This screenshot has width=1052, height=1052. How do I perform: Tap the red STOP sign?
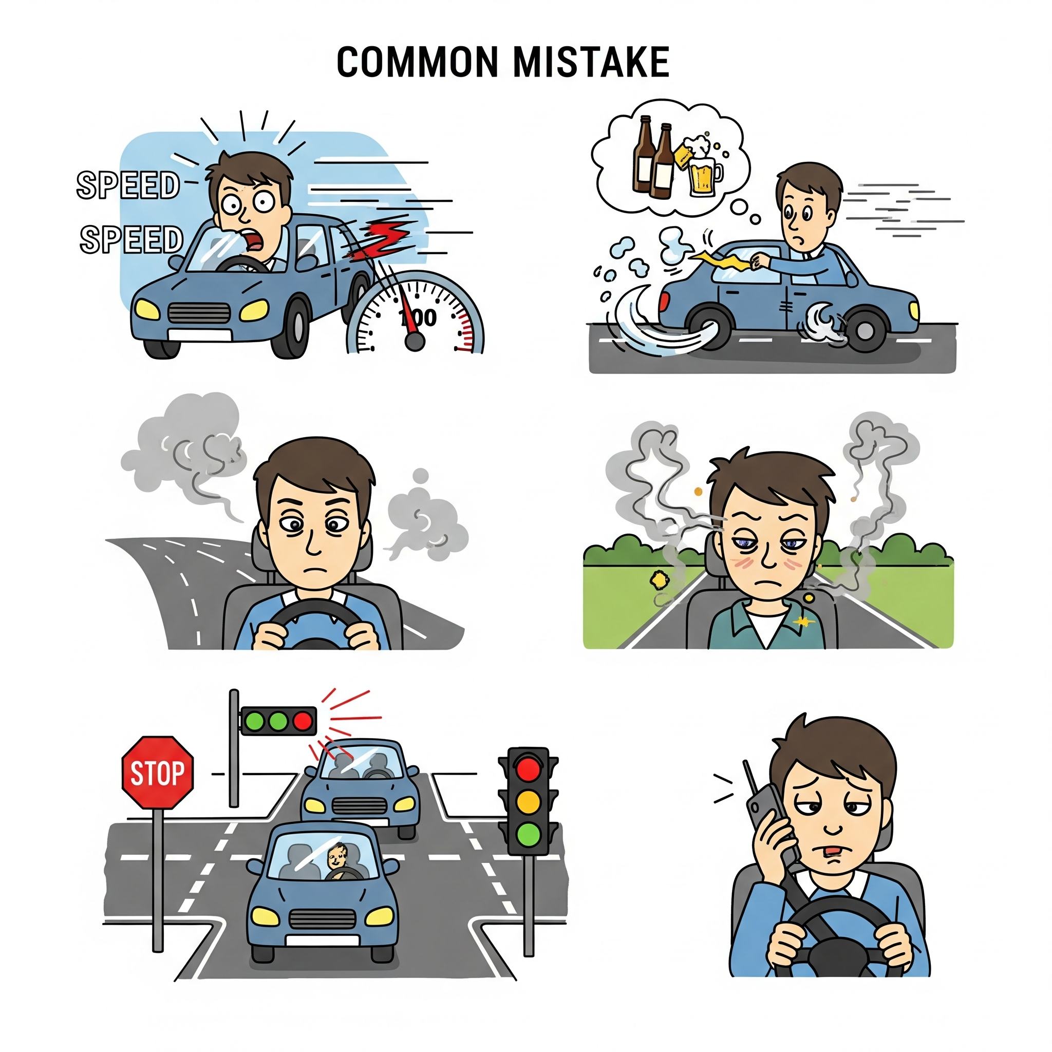point(157,773)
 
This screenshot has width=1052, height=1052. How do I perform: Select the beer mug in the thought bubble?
point(704,172)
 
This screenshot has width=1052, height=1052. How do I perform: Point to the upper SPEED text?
point(128,185)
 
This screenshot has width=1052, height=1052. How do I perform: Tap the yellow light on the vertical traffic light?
point(528,801)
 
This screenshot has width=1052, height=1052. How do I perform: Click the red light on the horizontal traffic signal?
point(303,722)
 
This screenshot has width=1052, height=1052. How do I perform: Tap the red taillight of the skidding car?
point(664,306)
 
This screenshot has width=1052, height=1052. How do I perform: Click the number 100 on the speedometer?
point(418,317)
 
